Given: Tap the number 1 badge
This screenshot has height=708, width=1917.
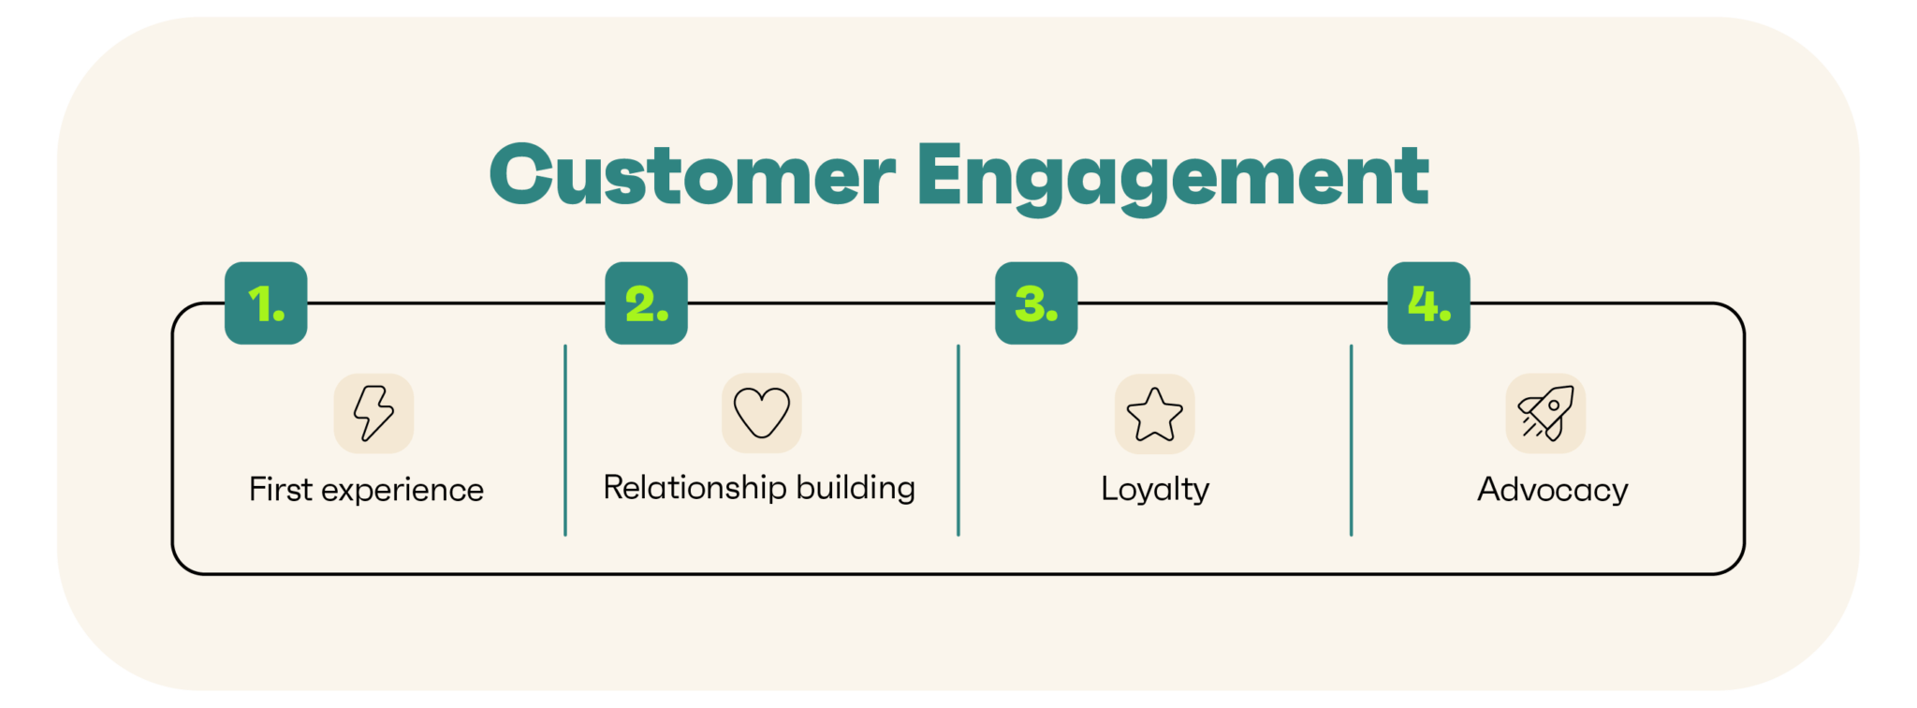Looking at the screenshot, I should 266,303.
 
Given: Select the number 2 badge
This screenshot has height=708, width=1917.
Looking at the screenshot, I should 646,303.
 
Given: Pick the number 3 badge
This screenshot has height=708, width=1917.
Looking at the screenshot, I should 1036,303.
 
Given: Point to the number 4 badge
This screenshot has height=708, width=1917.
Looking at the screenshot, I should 1428,303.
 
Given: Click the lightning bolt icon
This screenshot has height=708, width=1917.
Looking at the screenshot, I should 373,413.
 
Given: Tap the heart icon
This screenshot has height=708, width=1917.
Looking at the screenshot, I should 761,413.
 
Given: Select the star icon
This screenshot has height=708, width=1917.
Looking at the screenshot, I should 1154,414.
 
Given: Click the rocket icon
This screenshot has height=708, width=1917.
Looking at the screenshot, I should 1545,413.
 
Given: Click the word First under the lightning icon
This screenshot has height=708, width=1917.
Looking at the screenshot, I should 281,489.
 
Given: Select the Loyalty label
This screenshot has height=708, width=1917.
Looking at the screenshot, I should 1155,489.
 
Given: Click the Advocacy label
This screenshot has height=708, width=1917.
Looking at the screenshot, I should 1552,490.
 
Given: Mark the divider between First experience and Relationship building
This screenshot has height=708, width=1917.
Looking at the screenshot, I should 565,440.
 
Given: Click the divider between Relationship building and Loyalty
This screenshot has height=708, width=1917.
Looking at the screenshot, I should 958,440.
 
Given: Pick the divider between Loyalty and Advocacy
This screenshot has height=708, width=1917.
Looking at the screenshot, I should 1351,440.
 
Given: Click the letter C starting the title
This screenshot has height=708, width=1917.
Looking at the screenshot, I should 521,175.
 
